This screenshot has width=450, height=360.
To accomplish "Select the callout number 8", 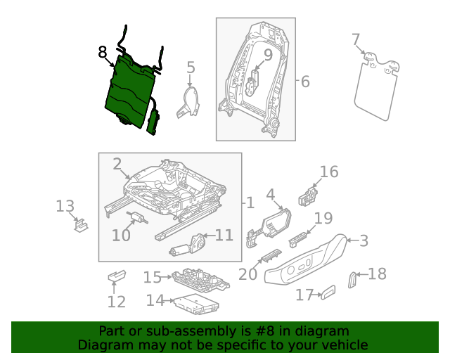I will tap(103, 52).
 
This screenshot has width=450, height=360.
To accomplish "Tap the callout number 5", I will tap(191, 67).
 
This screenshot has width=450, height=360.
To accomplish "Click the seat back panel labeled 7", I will tap(376, 88).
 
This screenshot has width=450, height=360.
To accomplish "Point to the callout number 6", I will tap(304, 82).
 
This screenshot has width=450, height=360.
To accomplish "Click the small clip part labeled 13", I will tap(81, 226).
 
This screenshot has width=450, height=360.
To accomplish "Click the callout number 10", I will tap(121, 235).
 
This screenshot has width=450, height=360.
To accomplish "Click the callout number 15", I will tap(153, 278).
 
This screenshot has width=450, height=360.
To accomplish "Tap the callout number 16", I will tap(329, 172).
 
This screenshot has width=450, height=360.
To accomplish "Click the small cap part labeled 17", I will tap(328, 292).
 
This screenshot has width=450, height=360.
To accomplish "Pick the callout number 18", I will tap(378, 274).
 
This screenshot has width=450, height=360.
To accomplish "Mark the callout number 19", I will tap(323, 218).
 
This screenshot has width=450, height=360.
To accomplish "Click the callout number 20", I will tap(247, 273).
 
